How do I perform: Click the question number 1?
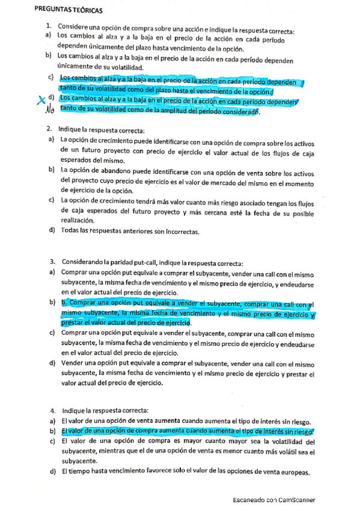pos(48,27)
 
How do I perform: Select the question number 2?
pos(49,129)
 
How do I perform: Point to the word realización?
pos(79,221)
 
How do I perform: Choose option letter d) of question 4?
pos(52,473)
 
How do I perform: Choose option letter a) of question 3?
pos(52,272)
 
